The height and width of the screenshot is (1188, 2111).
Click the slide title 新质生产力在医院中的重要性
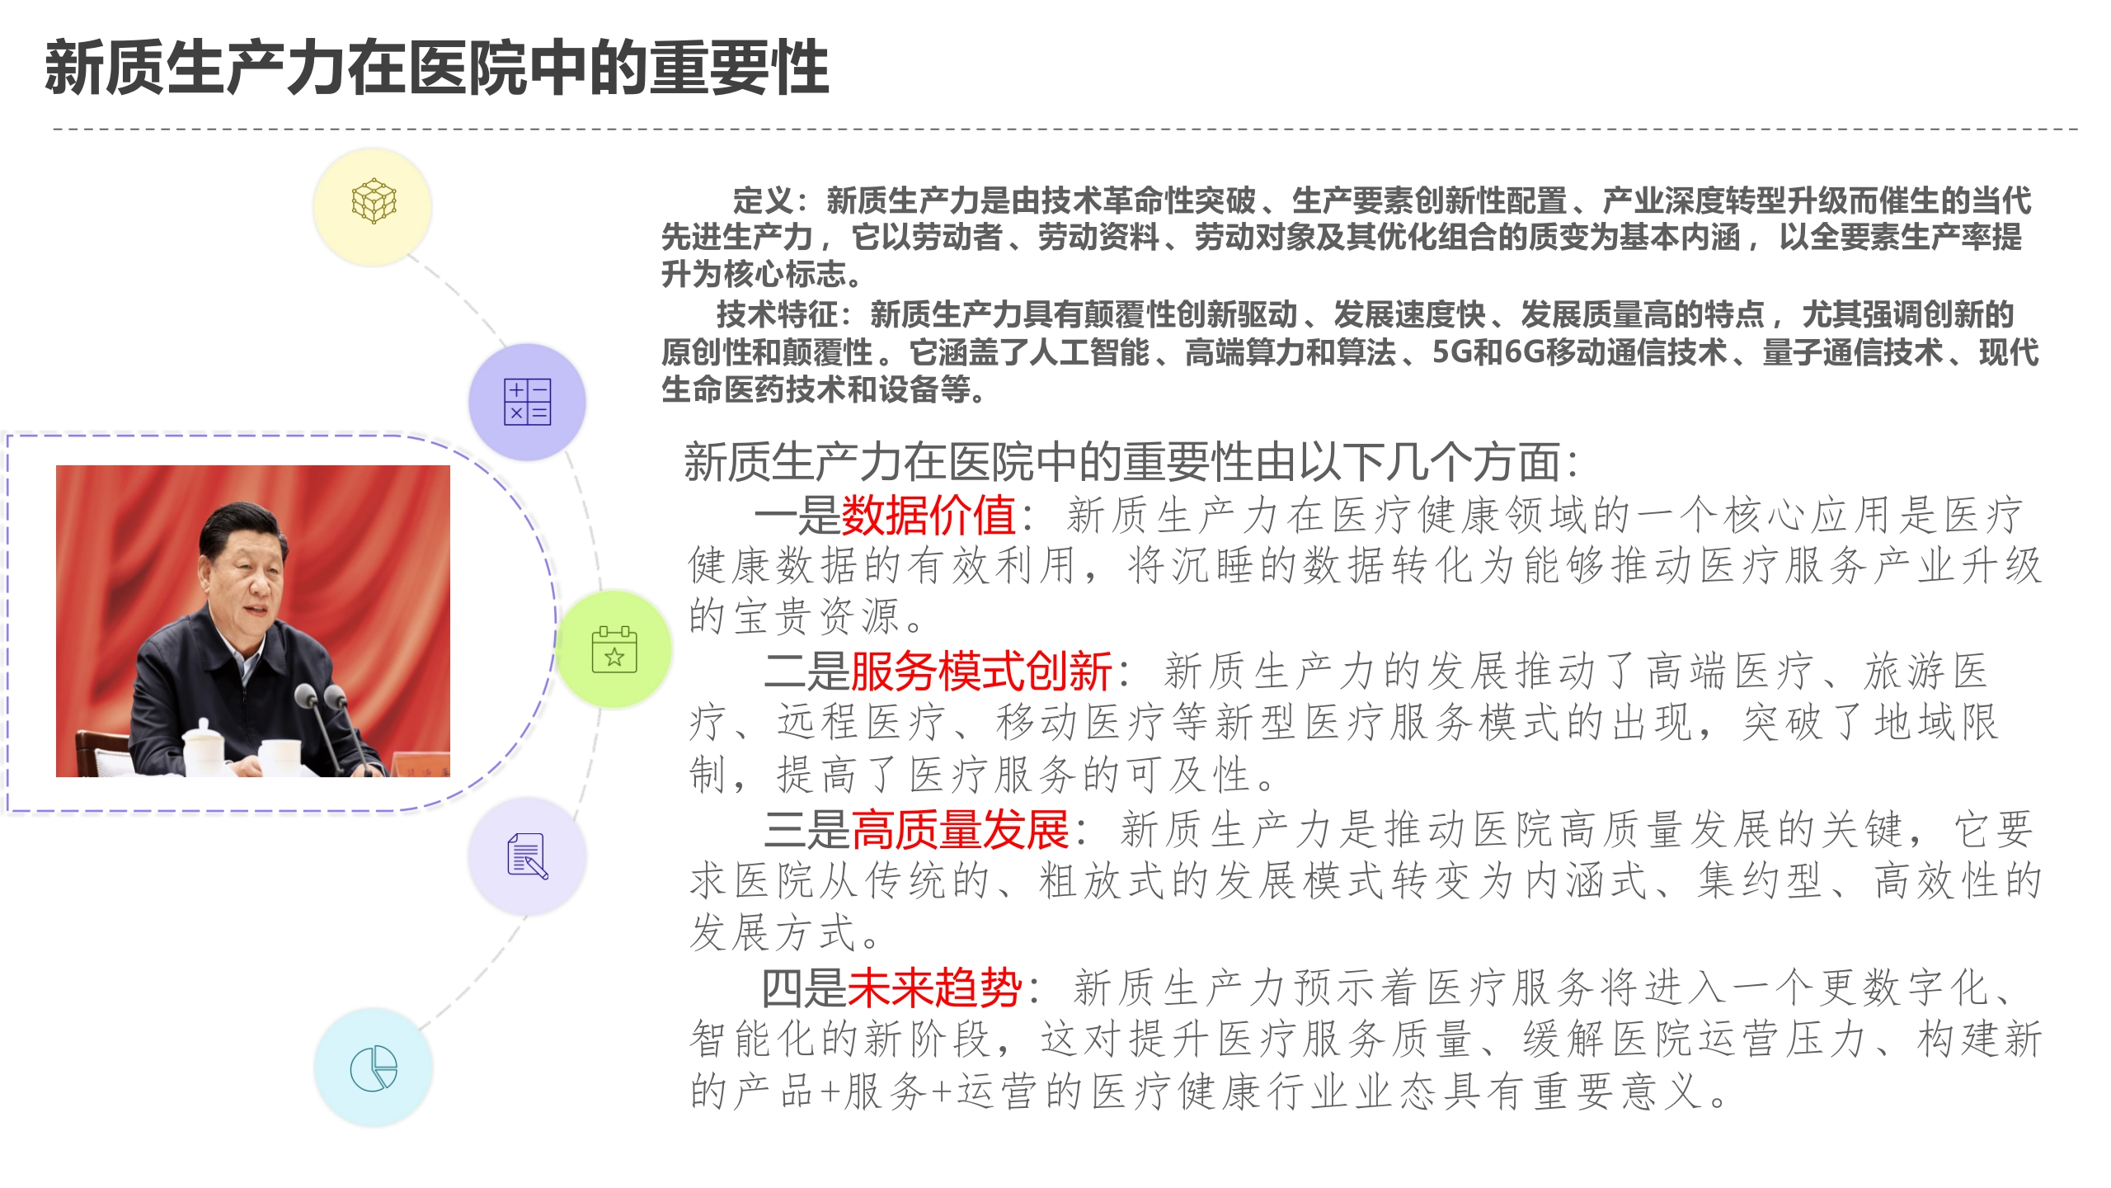(437, 68)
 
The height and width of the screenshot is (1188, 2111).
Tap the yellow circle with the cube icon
(374, 205)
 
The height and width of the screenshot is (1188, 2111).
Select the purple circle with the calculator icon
(528, 402)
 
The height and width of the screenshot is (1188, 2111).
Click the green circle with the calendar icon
(614, 649)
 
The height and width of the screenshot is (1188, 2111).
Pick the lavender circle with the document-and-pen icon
(528, 856)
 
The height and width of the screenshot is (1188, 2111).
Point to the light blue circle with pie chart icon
(374, 1068)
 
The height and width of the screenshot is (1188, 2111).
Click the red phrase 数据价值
(928, 516)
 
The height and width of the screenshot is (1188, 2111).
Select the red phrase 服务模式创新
(981, 671)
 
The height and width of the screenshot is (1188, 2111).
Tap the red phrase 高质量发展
(960, 829)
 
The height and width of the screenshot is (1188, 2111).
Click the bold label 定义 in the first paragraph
(763, 200)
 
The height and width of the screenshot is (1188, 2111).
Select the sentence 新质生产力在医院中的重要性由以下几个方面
(1122, 462)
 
